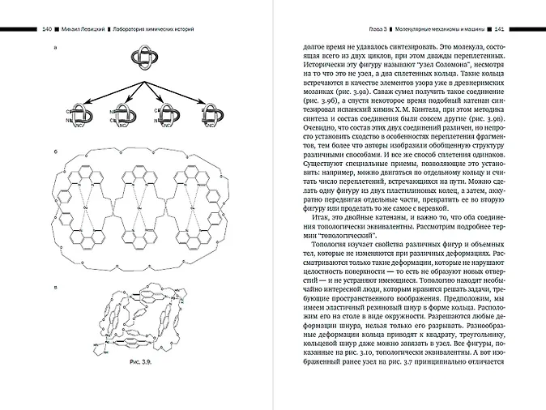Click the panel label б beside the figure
[53, 150]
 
